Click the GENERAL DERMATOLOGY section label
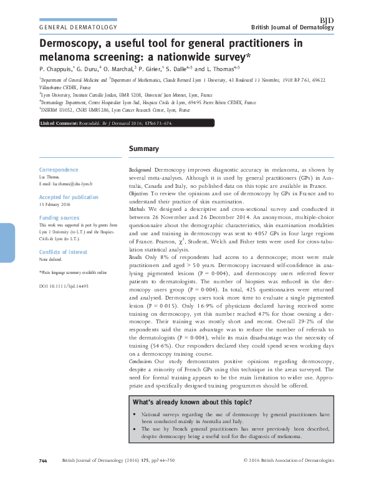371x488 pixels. click(78, 28)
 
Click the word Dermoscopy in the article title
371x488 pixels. click(69, 44)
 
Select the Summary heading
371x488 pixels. click(143, 149)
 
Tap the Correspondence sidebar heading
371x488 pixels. click(59, 170)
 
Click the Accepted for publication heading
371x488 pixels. click(69, 197)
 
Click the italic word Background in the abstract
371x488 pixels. click(140, 170)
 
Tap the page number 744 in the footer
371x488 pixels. click(43, 479)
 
